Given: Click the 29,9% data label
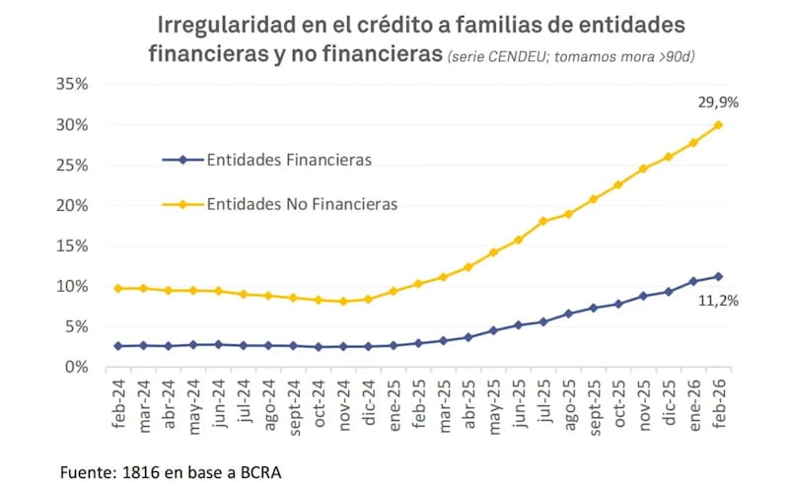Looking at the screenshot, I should [x=717, y=101].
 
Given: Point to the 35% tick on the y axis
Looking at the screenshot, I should [x=71, y=85].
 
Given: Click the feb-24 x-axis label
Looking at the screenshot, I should [x=120, y=401].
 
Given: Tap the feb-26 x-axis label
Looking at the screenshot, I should [x=718, y=401].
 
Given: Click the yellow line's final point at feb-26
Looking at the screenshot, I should [x=718, y=124].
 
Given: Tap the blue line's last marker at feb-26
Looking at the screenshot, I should [x=718, y=276].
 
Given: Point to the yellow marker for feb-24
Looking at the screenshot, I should [x=119, y=288].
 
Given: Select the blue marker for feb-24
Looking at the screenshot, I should [x=119, y=346].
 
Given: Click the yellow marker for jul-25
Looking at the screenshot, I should [x=543, y=221].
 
